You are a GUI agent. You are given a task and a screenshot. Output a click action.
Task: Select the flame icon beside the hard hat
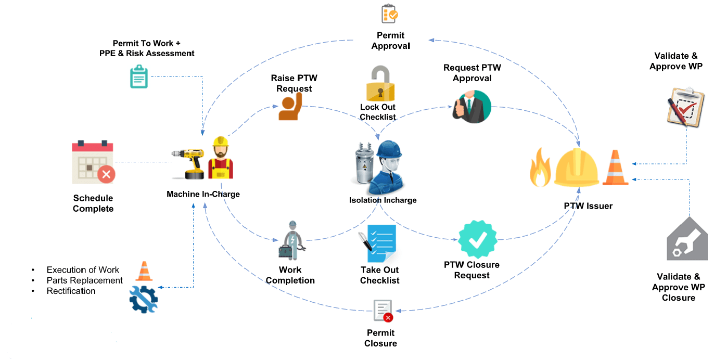[x=540, y=168]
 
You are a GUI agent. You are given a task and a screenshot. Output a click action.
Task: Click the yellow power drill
[x=190, y=162]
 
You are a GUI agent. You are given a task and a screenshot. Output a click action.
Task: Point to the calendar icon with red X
[x=93, y=162]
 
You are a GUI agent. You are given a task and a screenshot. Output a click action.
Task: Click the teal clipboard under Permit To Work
[x=138, y=77]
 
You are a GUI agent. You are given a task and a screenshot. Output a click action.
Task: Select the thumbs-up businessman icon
[x=472, y=107]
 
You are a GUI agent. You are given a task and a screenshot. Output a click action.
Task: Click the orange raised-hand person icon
[x=289, y=107]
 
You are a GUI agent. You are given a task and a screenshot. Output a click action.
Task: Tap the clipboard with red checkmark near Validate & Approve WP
[x=685, y=106]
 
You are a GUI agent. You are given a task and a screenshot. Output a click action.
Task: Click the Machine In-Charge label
[x=203, y=194]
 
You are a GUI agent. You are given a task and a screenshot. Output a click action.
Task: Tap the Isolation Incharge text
[x=382, y=200]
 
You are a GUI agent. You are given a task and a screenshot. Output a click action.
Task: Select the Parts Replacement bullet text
[x=84, y=280]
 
